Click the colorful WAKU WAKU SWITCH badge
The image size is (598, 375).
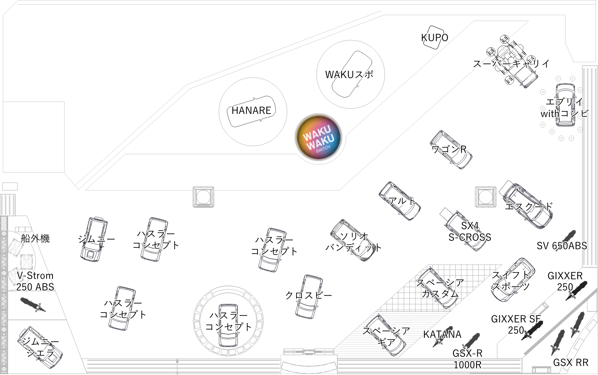[x=318, y=137]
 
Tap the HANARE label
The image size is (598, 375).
[x=251, y=111]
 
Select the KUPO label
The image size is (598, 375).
[x=435, y=38]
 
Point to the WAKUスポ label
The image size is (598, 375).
[x=349, y=74]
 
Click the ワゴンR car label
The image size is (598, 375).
[x=449, y=149]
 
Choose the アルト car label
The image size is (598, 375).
[x=402, y=201]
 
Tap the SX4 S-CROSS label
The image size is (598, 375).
[x=470, y=231]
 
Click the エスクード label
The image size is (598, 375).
[x=529, y=206]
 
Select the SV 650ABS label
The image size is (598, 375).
[x=562, y=246]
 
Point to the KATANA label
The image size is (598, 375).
[x=442, y=335]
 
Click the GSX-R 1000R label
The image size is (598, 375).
[x=467, y=359]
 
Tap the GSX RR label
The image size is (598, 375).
[x=571, y=363]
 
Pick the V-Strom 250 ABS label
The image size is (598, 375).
[x=35, y=281]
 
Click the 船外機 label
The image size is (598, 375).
[x=35, y=238]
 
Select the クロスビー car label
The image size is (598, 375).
[x=308, y=295]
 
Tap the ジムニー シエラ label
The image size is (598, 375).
[x=40, y=347]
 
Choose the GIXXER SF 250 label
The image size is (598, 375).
[x=516, y=325]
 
